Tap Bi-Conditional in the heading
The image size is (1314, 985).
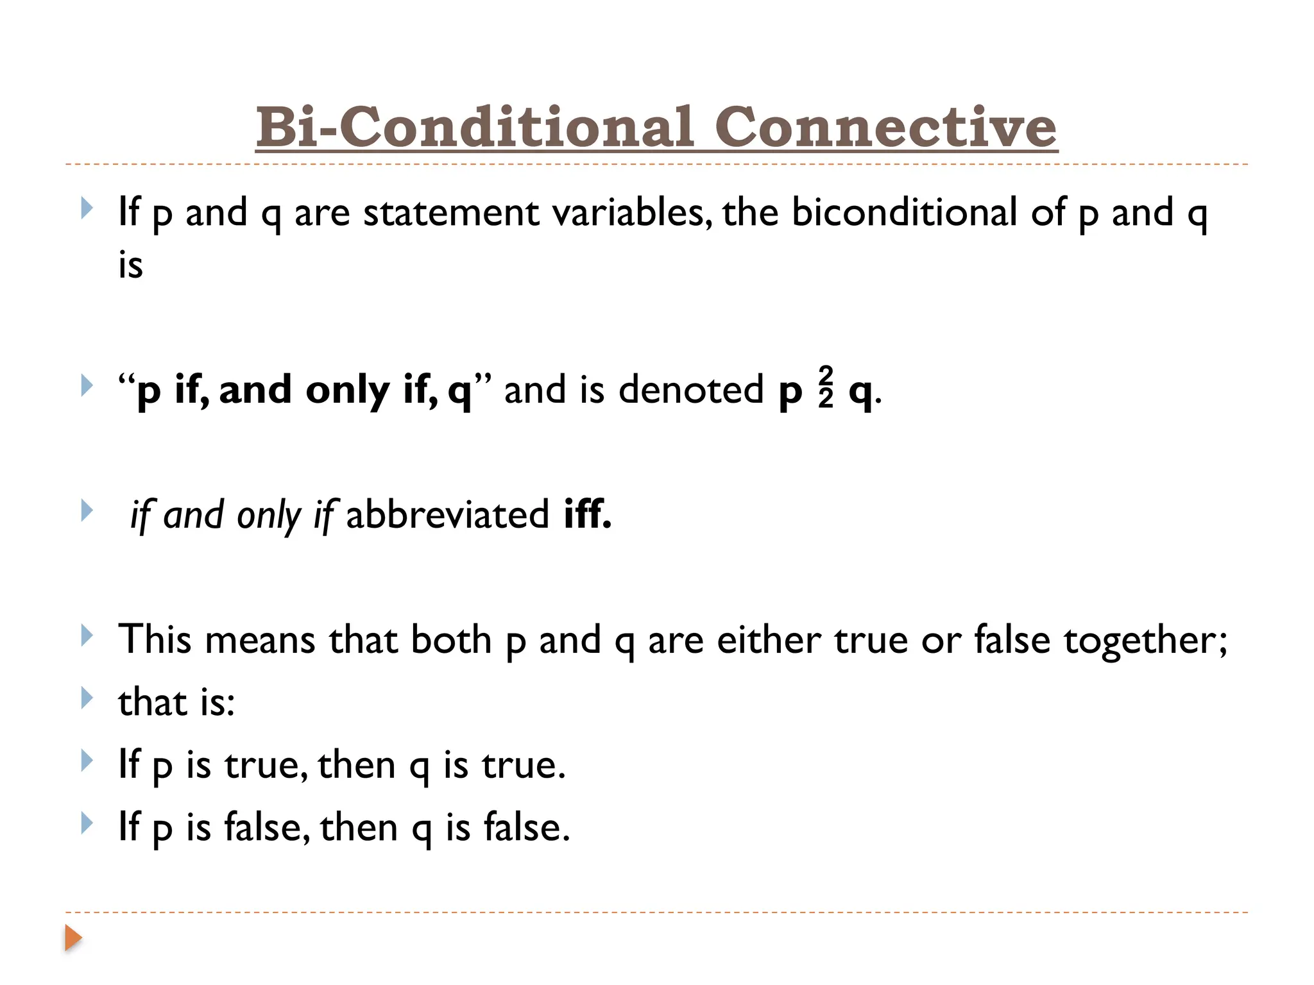click(x=475, y=127)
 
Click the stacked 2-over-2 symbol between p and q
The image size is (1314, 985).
click(x=826, y=387)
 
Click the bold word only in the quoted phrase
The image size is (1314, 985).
click(x=347, y=391)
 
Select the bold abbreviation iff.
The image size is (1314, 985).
click(x=587, y=514)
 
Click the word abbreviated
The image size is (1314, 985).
click(x=447, y=514)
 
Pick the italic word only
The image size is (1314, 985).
click(x=268, y=516)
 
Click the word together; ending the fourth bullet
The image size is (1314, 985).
click(x=1145, y=641)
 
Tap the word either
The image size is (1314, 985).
click(x=769, y=640)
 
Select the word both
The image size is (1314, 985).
click(x=450, y=640)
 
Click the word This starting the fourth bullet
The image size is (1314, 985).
click(x=155, y=640)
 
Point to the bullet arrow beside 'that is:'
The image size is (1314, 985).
click(x=87, y=698)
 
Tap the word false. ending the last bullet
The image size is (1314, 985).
click(x=526, y=827)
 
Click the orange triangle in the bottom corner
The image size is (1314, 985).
click(x=73, y=938)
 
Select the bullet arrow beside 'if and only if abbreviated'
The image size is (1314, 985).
click(x=87, y=511)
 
